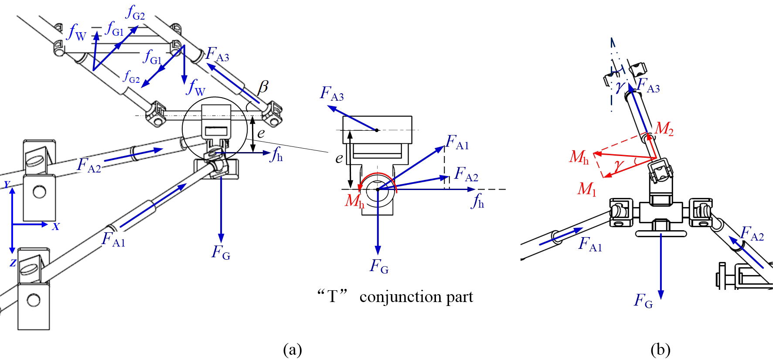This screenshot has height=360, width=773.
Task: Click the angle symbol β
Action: coord(263,87)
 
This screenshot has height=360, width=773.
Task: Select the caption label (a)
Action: coord(292,350)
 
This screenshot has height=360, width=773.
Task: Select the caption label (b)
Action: coord(660,350)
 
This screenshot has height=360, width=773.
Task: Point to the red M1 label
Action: coord(586,189)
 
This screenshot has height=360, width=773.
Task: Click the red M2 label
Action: coord(664,129)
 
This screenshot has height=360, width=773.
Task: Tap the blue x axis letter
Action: coord(56,226)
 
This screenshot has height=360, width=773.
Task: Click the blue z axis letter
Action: coord(13,262)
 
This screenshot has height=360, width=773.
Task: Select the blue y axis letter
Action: coord(7,184)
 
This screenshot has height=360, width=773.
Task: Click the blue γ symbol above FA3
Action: coord(619,87)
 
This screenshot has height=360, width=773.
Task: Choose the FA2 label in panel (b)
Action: coord(752,234)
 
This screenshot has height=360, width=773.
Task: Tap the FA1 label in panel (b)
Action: coord(590,245)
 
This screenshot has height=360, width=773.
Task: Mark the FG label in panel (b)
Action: coord(643,301)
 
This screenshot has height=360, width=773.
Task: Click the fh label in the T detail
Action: coord(478,202)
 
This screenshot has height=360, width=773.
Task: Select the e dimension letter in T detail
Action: coord(339,158)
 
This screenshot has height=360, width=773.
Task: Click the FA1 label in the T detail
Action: coord(457,143)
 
